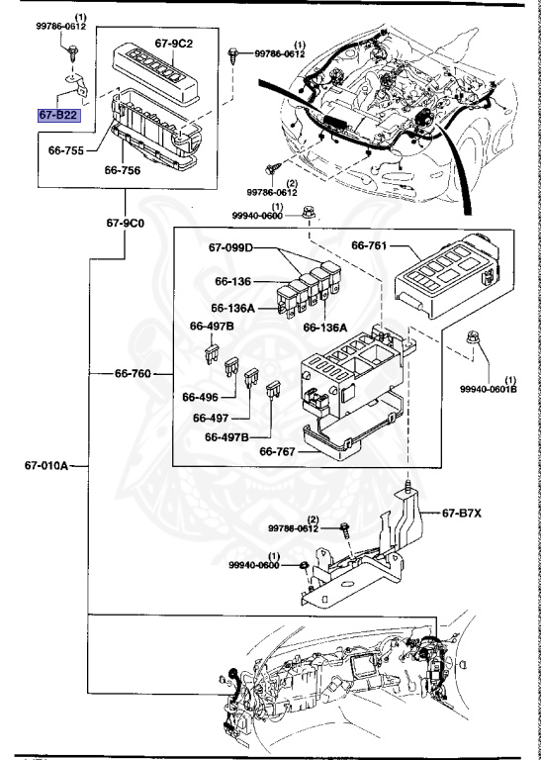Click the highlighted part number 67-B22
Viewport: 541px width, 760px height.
58,116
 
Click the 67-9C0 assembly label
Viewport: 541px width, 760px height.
126,223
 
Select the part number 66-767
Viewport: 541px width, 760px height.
281,452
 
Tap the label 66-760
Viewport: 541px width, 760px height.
134,374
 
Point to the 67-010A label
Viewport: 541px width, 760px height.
46,467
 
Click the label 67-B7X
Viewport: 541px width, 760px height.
463,513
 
